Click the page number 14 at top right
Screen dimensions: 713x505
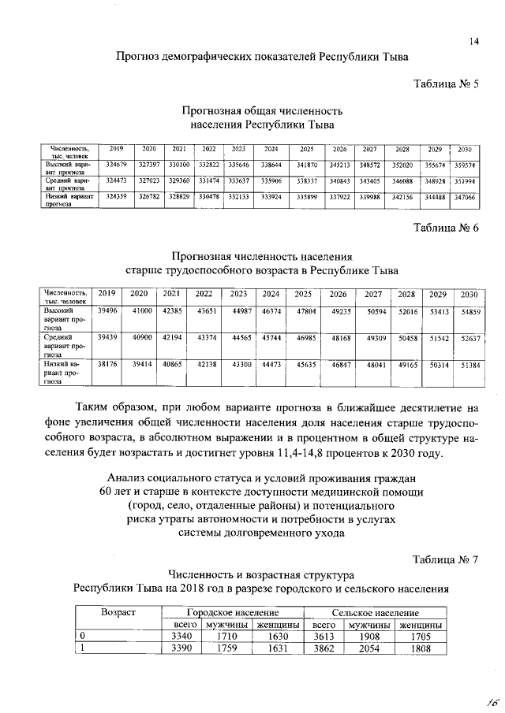coord(474,42)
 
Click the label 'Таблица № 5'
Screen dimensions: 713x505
coord(446,84)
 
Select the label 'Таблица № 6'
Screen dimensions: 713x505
coord(446,228)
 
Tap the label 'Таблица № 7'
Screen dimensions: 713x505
coord(446,560)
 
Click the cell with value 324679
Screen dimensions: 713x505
coord(116,165)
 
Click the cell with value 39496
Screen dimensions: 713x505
coord(107,312)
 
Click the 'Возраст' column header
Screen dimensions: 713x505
coord(118,612)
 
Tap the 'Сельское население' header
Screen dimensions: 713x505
coord(376,612)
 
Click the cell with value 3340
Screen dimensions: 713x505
coord(182,637)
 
